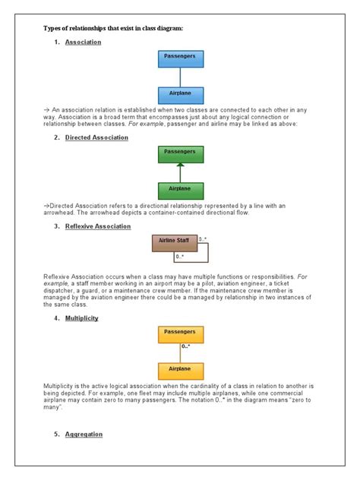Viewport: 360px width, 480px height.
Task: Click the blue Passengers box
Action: tap(180, 58)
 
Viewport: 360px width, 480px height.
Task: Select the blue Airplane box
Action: tap(180, 94)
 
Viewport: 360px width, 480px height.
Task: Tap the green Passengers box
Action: tap(180, 153)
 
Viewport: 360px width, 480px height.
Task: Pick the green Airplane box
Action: tap(180, 190)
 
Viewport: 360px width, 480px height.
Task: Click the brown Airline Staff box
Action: tap(174, 242)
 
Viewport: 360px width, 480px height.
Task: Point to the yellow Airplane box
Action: tap(180, 371)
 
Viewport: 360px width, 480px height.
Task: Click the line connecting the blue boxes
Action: tap(180, 76)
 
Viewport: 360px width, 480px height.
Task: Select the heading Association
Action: tap(83, 43)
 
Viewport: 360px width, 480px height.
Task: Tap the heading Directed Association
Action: tap(96, 137)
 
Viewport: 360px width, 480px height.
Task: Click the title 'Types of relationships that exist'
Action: tap(113, 27)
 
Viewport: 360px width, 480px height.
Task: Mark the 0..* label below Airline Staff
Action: tap(180, 257)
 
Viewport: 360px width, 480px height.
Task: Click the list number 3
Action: tap(57, 226)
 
